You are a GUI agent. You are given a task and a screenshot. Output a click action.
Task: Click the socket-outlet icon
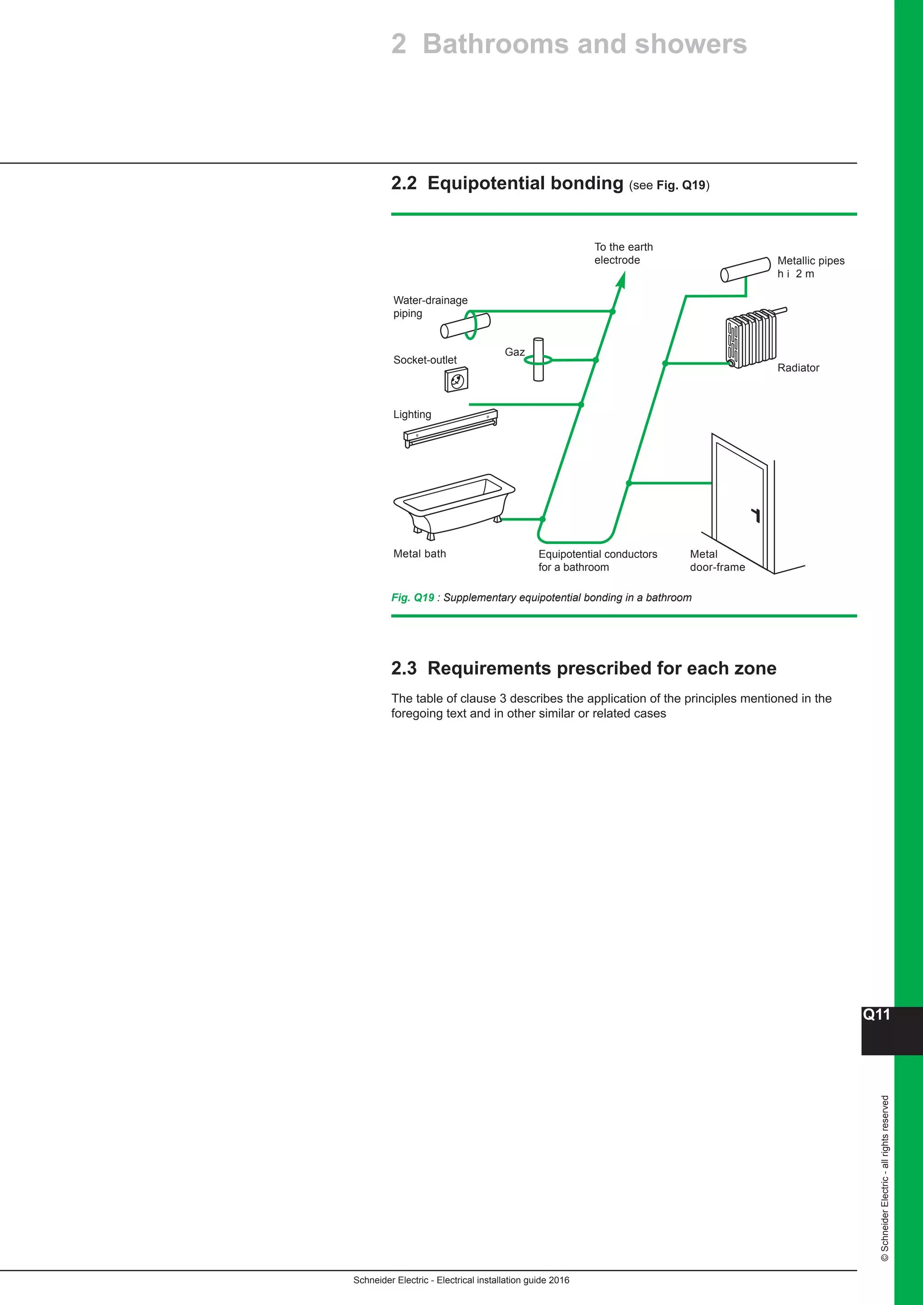[x=457, y=380]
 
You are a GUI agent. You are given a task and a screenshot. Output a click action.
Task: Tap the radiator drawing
[x=751, y=339]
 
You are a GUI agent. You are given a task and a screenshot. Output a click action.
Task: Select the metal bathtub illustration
[x=453, y=504]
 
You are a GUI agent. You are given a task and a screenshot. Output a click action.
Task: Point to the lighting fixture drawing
[x=451, y=428]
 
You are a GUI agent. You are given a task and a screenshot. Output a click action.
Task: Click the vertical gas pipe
[x=538, y=359]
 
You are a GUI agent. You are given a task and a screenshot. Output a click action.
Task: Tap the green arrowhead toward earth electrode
[x=622, y=280]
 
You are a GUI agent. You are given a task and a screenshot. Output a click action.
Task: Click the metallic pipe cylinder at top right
[x=745, y=269]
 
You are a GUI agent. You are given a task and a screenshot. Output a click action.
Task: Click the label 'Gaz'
[x=514, y=352]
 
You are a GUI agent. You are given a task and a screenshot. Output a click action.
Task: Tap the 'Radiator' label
[x=798, y=368]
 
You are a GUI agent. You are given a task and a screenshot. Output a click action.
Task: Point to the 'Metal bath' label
[x=420, y=554]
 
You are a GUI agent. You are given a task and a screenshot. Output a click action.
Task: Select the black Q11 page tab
[x=877, y=1031]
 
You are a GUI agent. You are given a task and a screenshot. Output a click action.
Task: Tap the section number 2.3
[x=403, y=668]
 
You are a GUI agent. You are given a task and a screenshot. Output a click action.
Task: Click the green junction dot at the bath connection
[x=543, y=519]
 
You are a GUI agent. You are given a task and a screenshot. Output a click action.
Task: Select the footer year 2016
[x=559, y=1280]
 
